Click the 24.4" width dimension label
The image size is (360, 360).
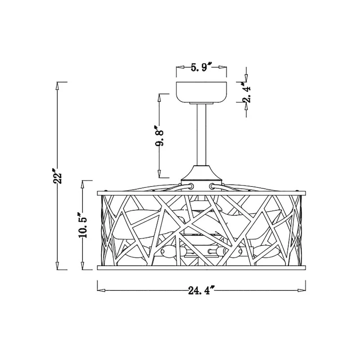pyautogui.click(x=201, y=290)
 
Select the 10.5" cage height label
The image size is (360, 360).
pyautogui.click(x=82, y=225)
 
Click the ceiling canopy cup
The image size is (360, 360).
pyautogui.click(x=201, y=92)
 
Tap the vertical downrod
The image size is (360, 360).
pyautogui.click(x=201, y=135)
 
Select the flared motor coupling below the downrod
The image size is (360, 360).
pyautogui.click(x=201, y=173)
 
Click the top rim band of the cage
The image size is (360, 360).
pyautogui.click(x=201, y=193)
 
